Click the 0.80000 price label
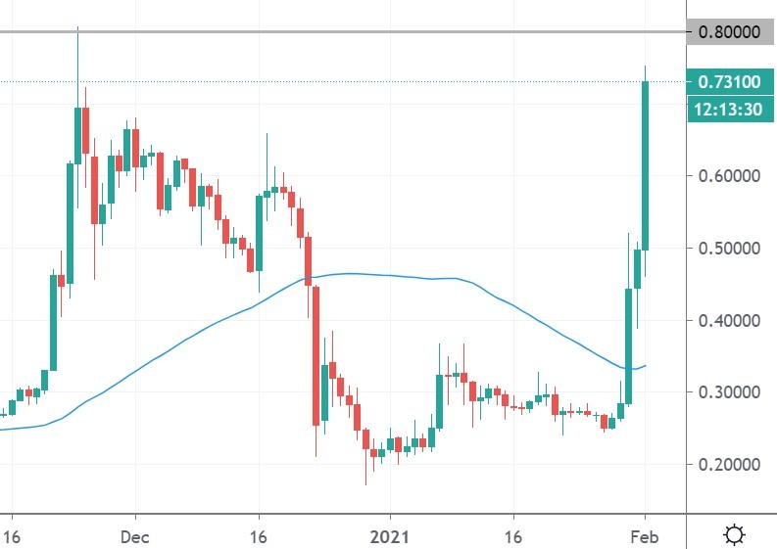pyautogui.click(x=729, y=32)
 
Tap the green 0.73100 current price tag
pyautogui.click(x=729, y=81)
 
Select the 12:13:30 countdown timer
pyautogui.click(x=729, y=109)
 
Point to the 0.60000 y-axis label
pyautogui.click(x=729, y=176)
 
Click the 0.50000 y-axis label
pyautogui.click(x=729, y=249)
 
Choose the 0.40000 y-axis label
pyautogui.click(x=729, y=320)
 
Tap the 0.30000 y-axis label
pyautogui.click(x=729, y=391)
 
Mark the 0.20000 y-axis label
pyautogui.click(x=729, y=464)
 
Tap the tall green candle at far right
pyautogui.click(x=645, y=166)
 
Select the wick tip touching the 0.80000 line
pyautogui.click(x=77, y=28)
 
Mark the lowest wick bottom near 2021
pyautogui.click(x=365, y=483)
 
